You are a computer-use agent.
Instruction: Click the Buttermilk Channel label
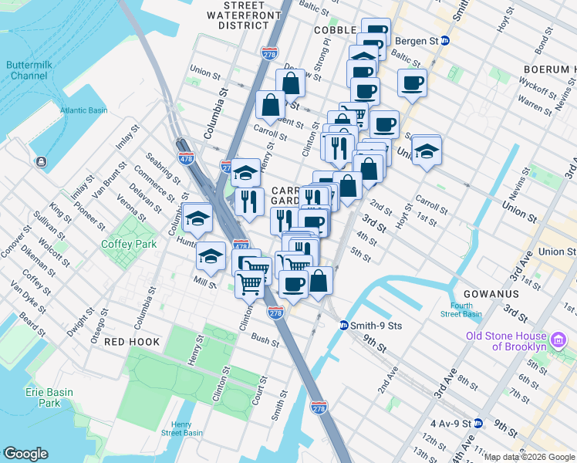(29, 71)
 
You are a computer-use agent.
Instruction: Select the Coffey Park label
(128, 244)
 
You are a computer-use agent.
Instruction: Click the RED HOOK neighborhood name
(132, 341)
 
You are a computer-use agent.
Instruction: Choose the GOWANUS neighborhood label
(494, 294)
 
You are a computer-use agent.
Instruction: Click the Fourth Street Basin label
(461, 309)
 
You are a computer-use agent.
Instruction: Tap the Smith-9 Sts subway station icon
(344, 326)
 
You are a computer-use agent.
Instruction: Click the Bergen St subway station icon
(444, 41)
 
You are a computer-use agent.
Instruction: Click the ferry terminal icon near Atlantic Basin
(41, 161)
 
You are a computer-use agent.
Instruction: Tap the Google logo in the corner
(26, 454)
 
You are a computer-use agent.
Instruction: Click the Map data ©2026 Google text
(529, 457)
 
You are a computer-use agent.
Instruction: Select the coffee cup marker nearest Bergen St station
(411, 83)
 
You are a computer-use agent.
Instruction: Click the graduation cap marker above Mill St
(211, 255)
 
